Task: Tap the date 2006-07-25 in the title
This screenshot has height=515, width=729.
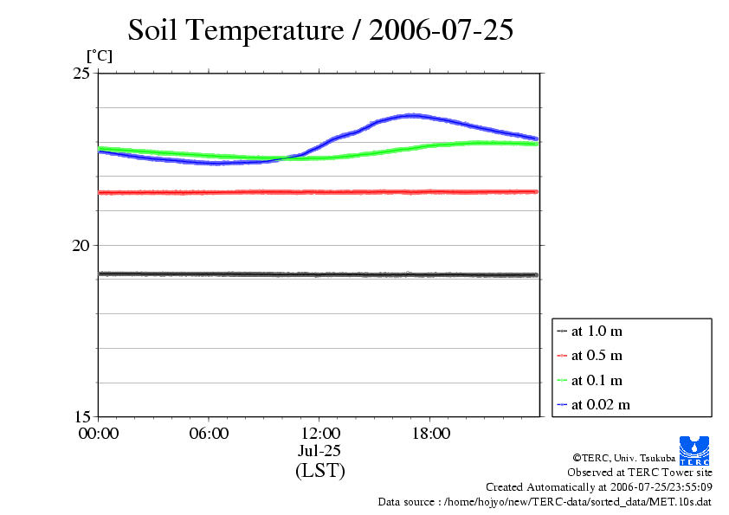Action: click(441, 31)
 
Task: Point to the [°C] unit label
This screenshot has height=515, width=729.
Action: click(98, 56)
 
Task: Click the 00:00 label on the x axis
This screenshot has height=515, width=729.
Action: click(98, 434)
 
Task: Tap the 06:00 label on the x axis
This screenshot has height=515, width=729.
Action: click(209, 434)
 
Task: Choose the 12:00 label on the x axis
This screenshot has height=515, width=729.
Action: click(319, 434)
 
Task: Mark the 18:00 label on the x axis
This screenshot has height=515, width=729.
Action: click(430, 434)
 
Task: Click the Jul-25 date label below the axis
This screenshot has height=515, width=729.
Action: click(319, 451)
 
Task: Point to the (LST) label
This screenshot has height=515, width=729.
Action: click(319, 471)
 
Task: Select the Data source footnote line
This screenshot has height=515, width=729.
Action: click(545, 501)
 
